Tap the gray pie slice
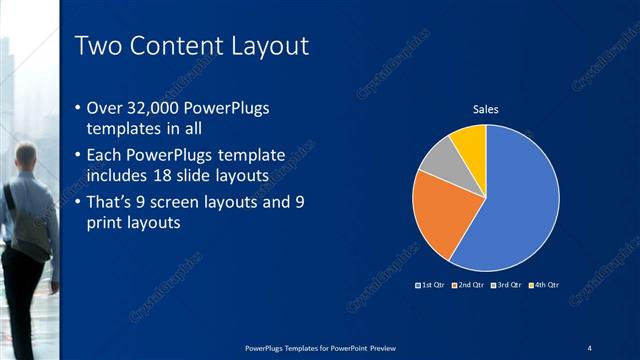(439, 160)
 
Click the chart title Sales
(486, 109)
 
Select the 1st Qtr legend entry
(431, 286)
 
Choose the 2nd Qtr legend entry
(468, 286)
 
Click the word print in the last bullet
(110, 224)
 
